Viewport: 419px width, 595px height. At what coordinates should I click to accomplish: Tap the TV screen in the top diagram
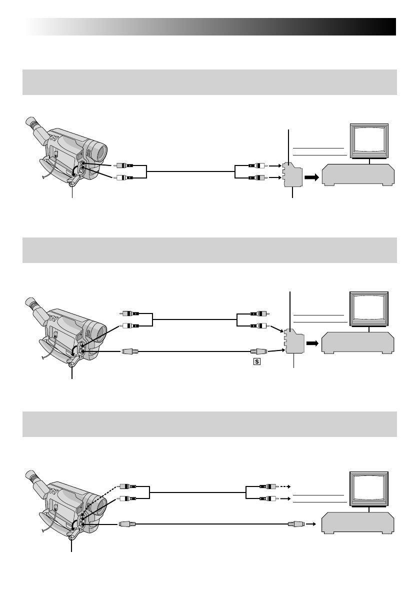point(369,141)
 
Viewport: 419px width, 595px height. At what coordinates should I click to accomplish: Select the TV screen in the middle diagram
point(369,310)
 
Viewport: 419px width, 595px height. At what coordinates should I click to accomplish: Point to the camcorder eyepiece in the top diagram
point(33,123)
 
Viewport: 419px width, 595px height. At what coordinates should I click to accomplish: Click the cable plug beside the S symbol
point(258,351)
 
